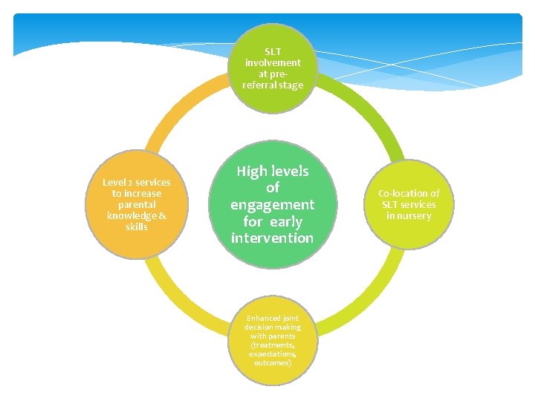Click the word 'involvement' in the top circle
(x=273, y=63)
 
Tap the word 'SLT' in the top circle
(x=273, y=52)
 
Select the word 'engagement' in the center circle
(x=273, y=204)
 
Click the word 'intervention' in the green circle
(x=273, y=238)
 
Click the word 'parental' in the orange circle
(x=137, y=204)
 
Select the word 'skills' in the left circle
(x=137, y=226)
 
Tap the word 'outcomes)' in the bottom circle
(x=273, y=363)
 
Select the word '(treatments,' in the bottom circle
(x=273, y=345)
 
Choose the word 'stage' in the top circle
(x=291, y=85)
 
